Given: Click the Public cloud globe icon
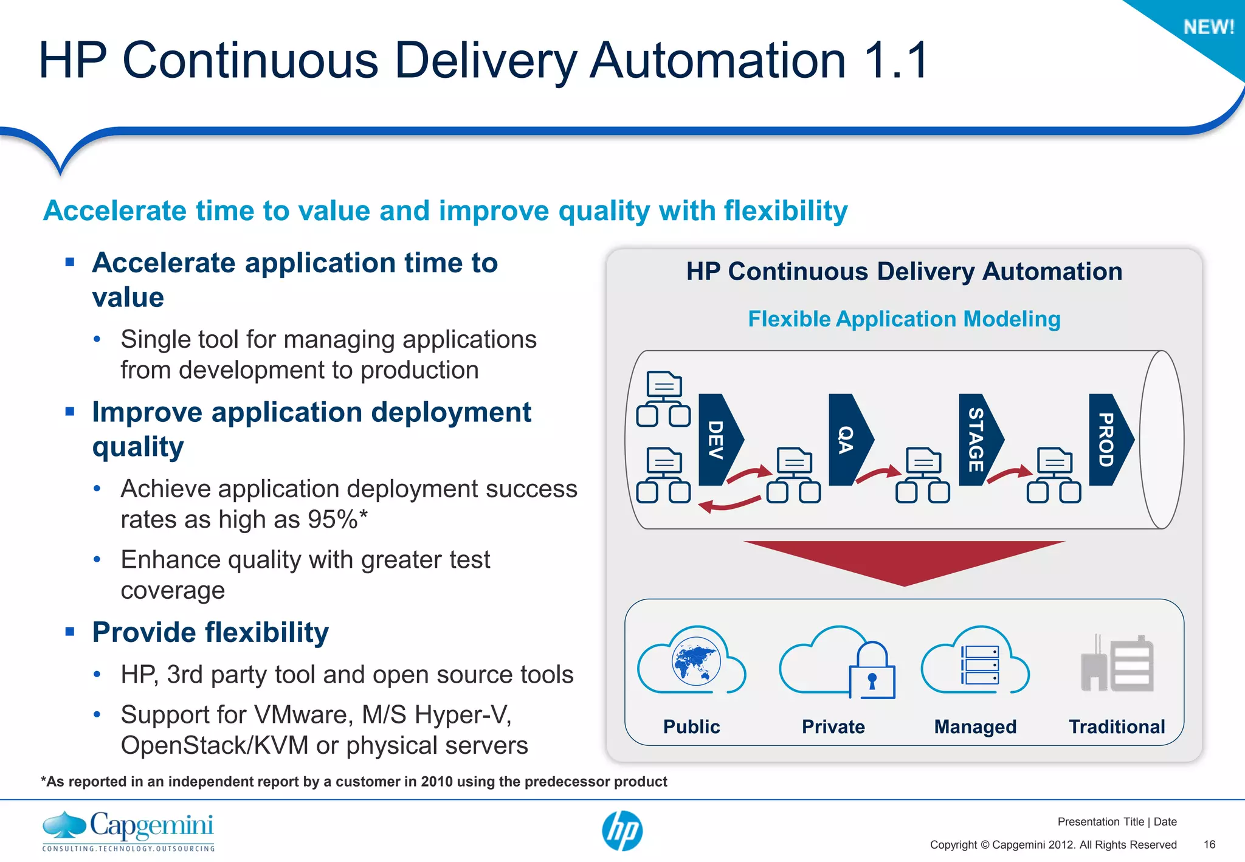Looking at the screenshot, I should [696, 661].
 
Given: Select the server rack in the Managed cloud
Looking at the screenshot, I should [980, 665].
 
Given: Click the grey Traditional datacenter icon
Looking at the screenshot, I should [1117, 664].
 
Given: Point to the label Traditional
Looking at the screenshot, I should [1117, 726].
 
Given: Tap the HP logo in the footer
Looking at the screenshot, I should [622, 831].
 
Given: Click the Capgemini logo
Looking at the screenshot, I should [128, 830].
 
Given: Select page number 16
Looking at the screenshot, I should [1209, 844].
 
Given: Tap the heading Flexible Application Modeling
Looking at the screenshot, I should [904, 319].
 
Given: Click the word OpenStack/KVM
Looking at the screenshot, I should [214, 746].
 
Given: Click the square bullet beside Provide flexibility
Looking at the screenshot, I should [70, 632].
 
